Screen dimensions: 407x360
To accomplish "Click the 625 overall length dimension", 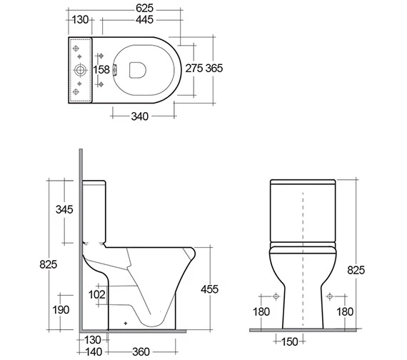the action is (x=144, y=9).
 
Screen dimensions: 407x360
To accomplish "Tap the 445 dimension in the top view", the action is (x=144, y=20).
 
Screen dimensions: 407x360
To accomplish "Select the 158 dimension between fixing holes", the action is (x=101, y=69).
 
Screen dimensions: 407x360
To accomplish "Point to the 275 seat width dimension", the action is (x=194, y=69).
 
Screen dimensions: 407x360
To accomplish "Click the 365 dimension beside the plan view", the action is (x=214, y=69).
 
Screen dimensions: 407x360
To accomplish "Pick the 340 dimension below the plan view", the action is (x=140, y=116).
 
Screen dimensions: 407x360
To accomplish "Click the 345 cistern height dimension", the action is (x=64, y=209).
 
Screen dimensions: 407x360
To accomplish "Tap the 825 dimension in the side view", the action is (x=49, y=264).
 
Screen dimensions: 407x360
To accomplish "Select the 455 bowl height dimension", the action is (x=209, y=289).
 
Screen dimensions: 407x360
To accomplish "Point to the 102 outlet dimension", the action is (x=97, y=295).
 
